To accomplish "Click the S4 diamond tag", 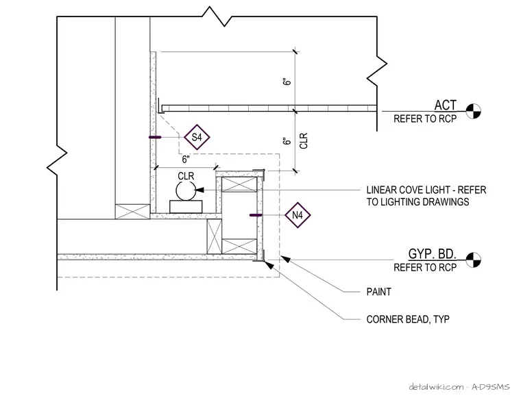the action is click(x=197, y=137).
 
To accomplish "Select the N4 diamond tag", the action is click(x=298, y=215).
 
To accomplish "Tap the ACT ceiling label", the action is click(x=445, y=105).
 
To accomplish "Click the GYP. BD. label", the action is click(x=432, y=254).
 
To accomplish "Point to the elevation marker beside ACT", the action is click(x=473, y=111).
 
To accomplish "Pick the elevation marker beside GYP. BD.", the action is click(x=473, y=260).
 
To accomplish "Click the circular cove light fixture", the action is click(x=186, y=191).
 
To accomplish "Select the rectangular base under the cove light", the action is click(x=186, y=207).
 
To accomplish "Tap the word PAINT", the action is click(x=379, y=292).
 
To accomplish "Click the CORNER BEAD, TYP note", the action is click(x=408, y=319).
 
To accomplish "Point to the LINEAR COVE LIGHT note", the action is click(x=426, y=196).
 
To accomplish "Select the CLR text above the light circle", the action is click(x=186, y=176).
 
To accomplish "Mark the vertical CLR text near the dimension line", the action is click(x=304, y=140).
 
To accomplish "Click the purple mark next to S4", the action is click(x=155, y=137).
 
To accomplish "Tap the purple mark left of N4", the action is click(x=256, y=215).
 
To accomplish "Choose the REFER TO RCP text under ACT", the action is click(x=425, y=118).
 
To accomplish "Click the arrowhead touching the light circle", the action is click(x=199, y=190).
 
